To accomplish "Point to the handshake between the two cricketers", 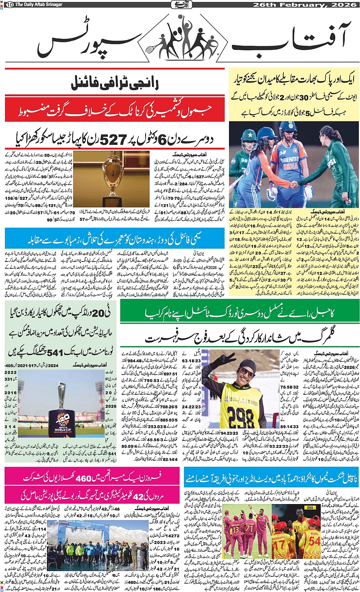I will (294, 185).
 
